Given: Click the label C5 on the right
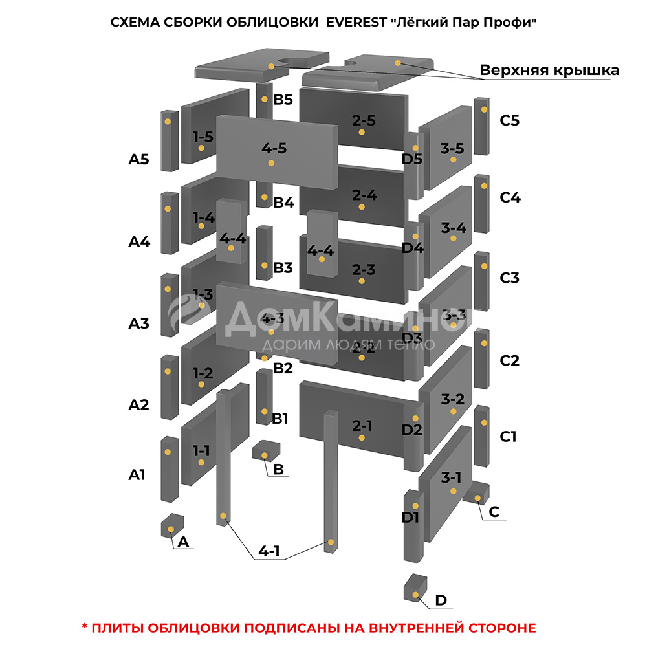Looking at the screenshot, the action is [x=509, y=120].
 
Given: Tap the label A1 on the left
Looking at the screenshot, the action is [x=137, y=474].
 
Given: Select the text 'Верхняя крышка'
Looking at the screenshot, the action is [x=549, y=70].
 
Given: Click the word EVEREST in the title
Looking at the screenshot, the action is [x=356, y=22].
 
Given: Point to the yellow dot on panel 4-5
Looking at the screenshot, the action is [x=271, y=163].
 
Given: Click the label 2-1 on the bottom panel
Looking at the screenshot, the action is [x=362, y=426].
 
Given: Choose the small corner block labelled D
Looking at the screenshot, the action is [x=415, y=587].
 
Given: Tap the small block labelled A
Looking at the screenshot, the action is [x=172, y=525].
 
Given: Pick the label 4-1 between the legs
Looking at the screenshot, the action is [x=269, y=551].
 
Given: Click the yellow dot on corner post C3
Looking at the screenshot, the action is [x=484, y=266].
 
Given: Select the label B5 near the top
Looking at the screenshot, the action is [x=283, y=100].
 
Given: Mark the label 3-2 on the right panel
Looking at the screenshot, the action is [x=453, y=399].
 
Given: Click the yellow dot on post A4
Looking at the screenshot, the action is [x=168, y=209].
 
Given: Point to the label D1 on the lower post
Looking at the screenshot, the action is [x=411, y=517].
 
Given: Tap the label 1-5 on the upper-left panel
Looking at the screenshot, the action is [x=203, y=137].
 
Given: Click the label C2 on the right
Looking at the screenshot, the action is [x=510, y=360].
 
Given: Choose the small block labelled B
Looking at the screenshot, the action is [x=266, y=450].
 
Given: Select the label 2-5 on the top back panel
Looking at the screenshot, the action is [x=364, y=120].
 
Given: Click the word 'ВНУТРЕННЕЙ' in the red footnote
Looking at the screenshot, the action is [x=416, y=628].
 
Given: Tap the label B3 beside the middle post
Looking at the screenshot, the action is [x=283, y=267].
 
